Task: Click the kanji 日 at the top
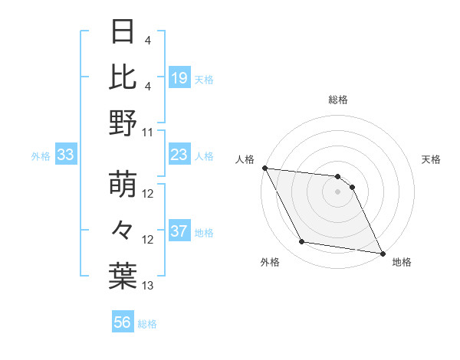point(123,33)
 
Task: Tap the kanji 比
point(123,77)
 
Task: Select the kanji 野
point(123,123)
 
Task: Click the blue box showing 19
point(179,77)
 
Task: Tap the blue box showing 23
point(179,155)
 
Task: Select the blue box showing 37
point(179,231)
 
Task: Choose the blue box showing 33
point(65,155)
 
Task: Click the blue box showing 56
point(123,322)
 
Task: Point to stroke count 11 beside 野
point(148,132)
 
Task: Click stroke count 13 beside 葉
point(148,286)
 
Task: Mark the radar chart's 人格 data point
point(264,168)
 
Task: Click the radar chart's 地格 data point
point(381,253)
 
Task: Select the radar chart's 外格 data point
point(302,242)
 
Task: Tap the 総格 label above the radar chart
point(338,100)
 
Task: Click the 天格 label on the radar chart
point(432,159)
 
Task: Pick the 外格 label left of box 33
point(41,155)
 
